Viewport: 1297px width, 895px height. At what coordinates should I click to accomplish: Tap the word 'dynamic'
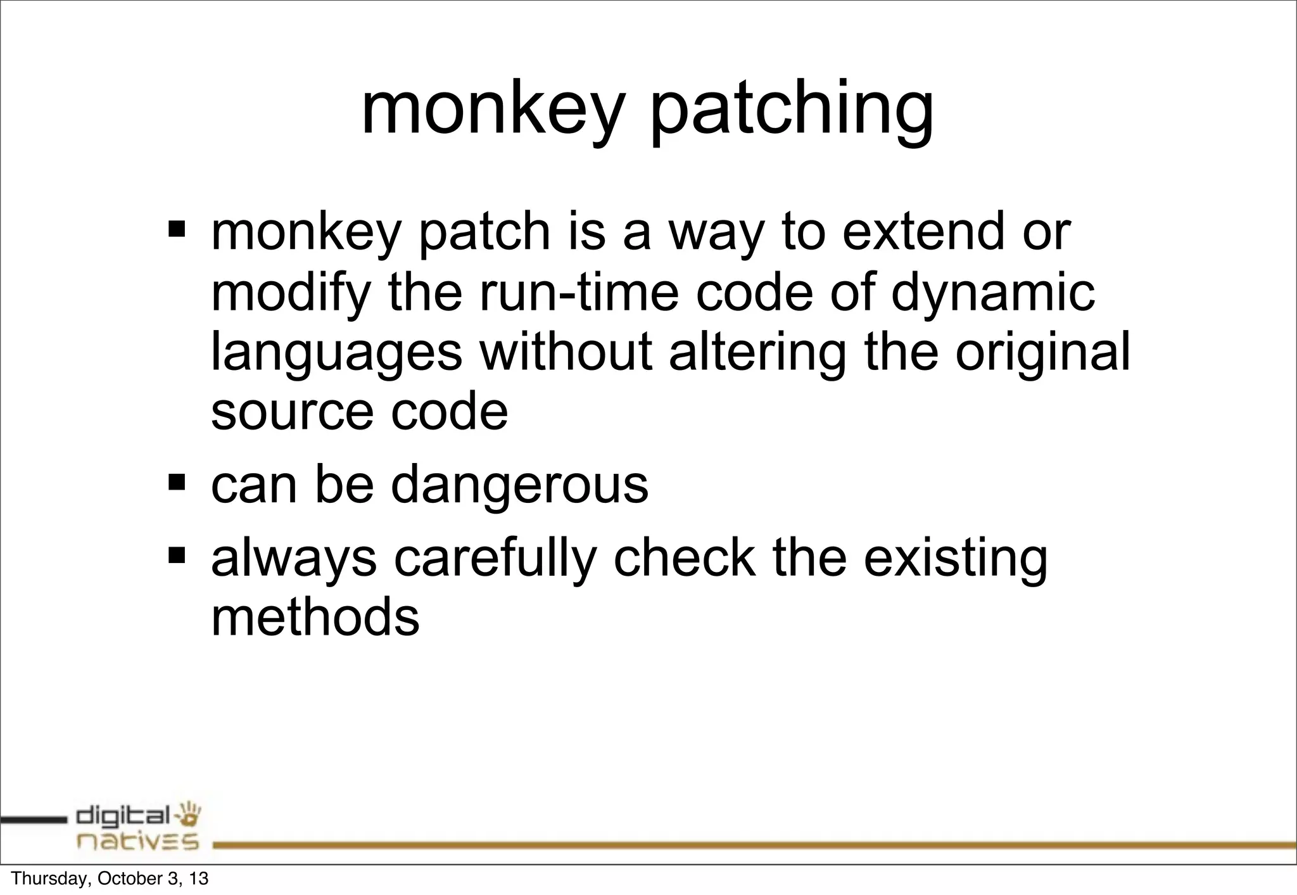click(x=992, y=295)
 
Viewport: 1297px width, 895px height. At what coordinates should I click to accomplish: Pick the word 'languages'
click(x=336, y=354)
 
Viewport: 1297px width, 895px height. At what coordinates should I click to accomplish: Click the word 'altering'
click(x=757, y=353)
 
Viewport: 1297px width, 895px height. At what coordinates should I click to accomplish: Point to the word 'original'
click(x=1042, y=354)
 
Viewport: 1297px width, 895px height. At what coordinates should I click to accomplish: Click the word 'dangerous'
click(x=519, y=486)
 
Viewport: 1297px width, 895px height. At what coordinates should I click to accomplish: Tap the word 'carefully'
click(x=495, y=559)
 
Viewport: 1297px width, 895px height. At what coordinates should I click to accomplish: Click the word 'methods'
click(x=315, y=616)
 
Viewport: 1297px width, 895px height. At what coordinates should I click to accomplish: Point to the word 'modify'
click(x=291, y=293)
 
